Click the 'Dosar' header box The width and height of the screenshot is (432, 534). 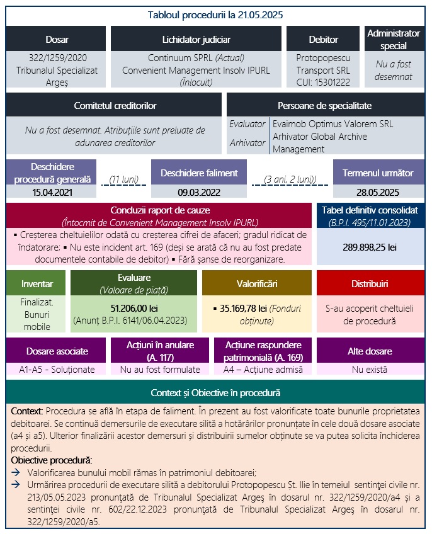click(x=57, y=39)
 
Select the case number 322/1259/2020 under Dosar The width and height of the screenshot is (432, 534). click(x=57, y=57)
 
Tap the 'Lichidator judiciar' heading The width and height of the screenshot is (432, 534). click(x=196, y=39)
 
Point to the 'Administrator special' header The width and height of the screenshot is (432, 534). click(x=394, y=39)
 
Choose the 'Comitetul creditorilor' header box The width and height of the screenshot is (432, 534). click(x=115, y=105)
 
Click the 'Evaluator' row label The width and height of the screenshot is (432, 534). click(x=247, y=124)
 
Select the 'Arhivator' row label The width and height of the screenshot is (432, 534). click(x=247, y=142)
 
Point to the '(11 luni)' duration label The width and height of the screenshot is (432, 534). click(x=123, y=179)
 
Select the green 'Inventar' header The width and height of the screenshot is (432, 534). click(x=35, y=283)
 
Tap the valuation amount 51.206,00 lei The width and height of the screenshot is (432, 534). click(x=134, y=309)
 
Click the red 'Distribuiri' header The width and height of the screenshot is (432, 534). click(x=370, y=283)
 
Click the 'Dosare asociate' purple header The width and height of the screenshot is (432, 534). click(x=57, y=351)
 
